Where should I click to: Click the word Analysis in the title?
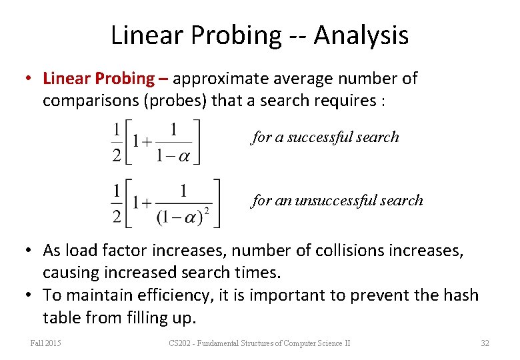tap(361, 35)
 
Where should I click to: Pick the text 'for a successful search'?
tap(325, 137)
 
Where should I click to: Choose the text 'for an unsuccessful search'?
tap(337, 200)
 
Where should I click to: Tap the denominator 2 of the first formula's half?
tap(117, 155)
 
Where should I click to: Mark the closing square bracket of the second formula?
tap(216, 203)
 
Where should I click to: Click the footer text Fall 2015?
tap(45, 343)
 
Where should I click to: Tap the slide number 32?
tap(485, 343)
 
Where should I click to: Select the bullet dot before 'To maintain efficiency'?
tap(30, 295)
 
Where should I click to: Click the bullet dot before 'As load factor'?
tap(30, 251)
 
